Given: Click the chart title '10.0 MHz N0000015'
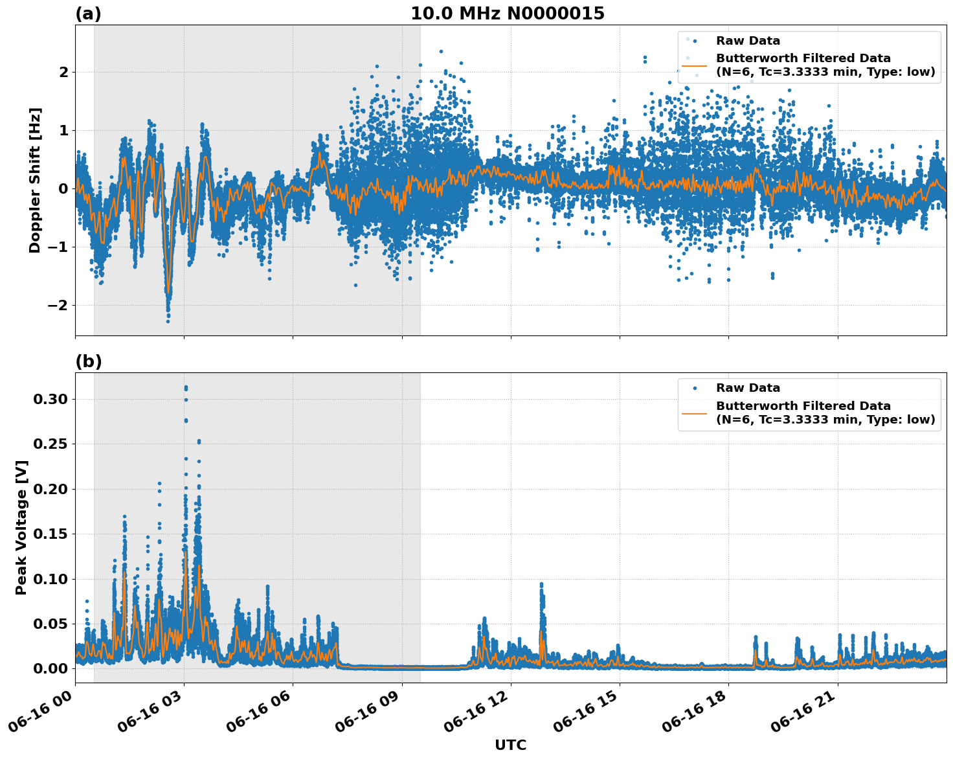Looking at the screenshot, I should [x=507, y=14].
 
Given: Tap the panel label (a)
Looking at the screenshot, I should [x=88, y=14].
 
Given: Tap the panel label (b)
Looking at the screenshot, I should [x=88, y=361].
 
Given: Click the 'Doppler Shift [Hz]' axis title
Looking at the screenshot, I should [x=35, y=180].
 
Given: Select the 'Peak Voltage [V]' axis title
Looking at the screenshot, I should [x=21, y=527].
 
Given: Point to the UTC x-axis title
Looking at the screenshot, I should [x=510, y=745].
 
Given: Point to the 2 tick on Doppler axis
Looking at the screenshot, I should [x=63, y=72].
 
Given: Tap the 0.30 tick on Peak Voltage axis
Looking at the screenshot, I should [x=50, y=399].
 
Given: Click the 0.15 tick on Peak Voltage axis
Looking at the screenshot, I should [x=50, y=534].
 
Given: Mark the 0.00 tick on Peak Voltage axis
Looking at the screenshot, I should [x=50, y=668].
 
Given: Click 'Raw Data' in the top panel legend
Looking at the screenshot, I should [x=748, y=41].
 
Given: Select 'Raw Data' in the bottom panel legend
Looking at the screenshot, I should [x=748, y=388].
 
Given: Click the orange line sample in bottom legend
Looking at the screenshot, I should [x=695, y=413].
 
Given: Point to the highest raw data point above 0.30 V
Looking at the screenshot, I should [x=186, y=387].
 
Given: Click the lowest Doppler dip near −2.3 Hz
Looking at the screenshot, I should [x=168, y=321].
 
